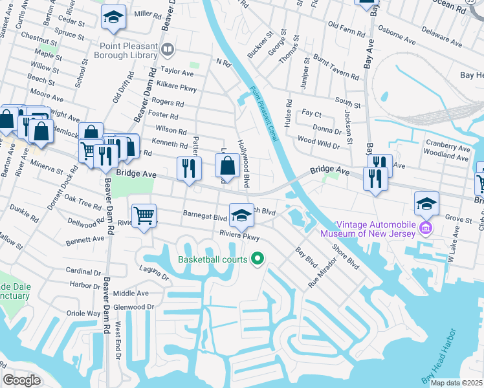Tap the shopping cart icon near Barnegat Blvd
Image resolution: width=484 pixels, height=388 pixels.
pos(144,215)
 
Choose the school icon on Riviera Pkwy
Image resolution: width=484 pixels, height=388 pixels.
pos(241,214)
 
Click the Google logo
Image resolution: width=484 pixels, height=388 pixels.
pos(21,380)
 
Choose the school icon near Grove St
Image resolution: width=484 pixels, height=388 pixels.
pos(426,203)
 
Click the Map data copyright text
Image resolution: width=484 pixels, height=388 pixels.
pos(456,383)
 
